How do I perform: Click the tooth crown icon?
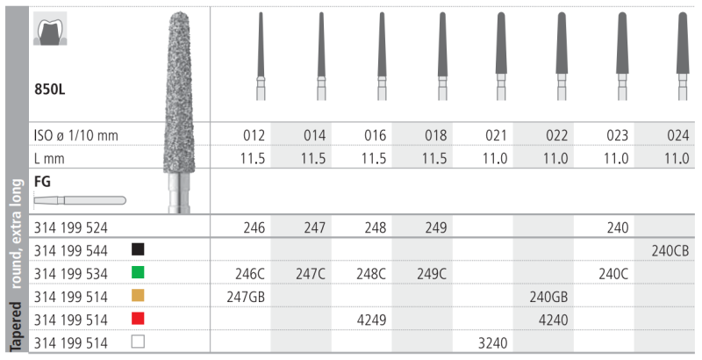coord(50,29)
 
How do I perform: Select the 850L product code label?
coord(50,89)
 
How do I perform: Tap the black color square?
coord(138,249)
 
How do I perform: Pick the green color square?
coord(138,272)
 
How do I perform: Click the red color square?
coord(138,319)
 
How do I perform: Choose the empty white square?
coord(138,342)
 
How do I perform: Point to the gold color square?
coord(138,296)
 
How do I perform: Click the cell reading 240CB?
coord(670,251)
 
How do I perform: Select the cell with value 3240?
coord(493,343)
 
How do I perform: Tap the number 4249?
coord(371,320)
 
